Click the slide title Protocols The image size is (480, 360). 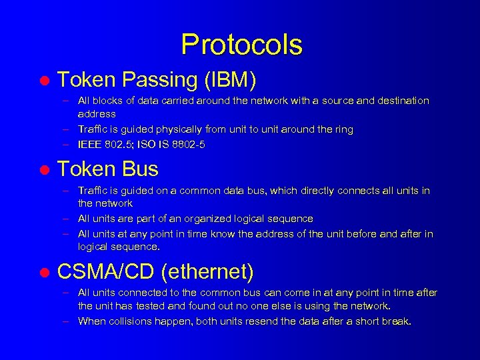(241, 45)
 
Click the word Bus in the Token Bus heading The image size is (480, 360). (141, 169)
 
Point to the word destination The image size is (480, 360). (403, 101)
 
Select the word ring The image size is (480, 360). (343, 129)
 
